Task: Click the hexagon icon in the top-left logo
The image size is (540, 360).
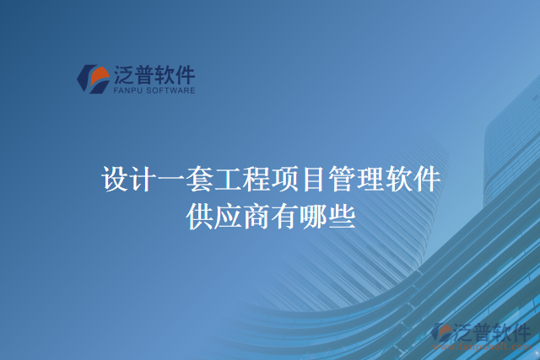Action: click(x=91, y=78)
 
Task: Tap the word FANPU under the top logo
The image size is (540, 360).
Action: click(x=127, y=89)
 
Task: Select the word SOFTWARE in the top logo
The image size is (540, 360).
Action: click(x=171, y=89)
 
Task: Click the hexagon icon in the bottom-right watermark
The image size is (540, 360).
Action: click(x=441, y=334)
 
